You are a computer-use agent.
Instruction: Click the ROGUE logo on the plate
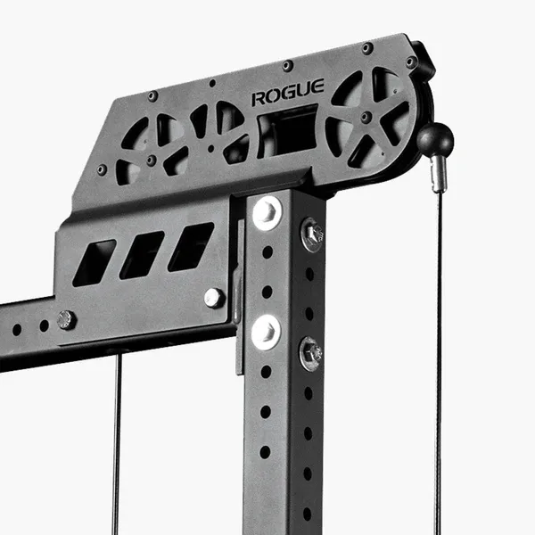288,92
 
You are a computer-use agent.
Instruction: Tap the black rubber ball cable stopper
435,139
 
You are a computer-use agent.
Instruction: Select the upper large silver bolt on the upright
267,212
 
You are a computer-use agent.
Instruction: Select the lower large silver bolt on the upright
266,333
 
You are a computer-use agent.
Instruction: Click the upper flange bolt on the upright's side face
312,235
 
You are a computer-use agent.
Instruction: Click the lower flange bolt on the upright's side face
311,354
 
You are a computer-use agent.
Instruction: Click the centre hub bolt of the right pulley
366,117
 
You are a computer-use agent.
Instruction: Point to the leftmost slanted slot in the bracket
95,263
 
